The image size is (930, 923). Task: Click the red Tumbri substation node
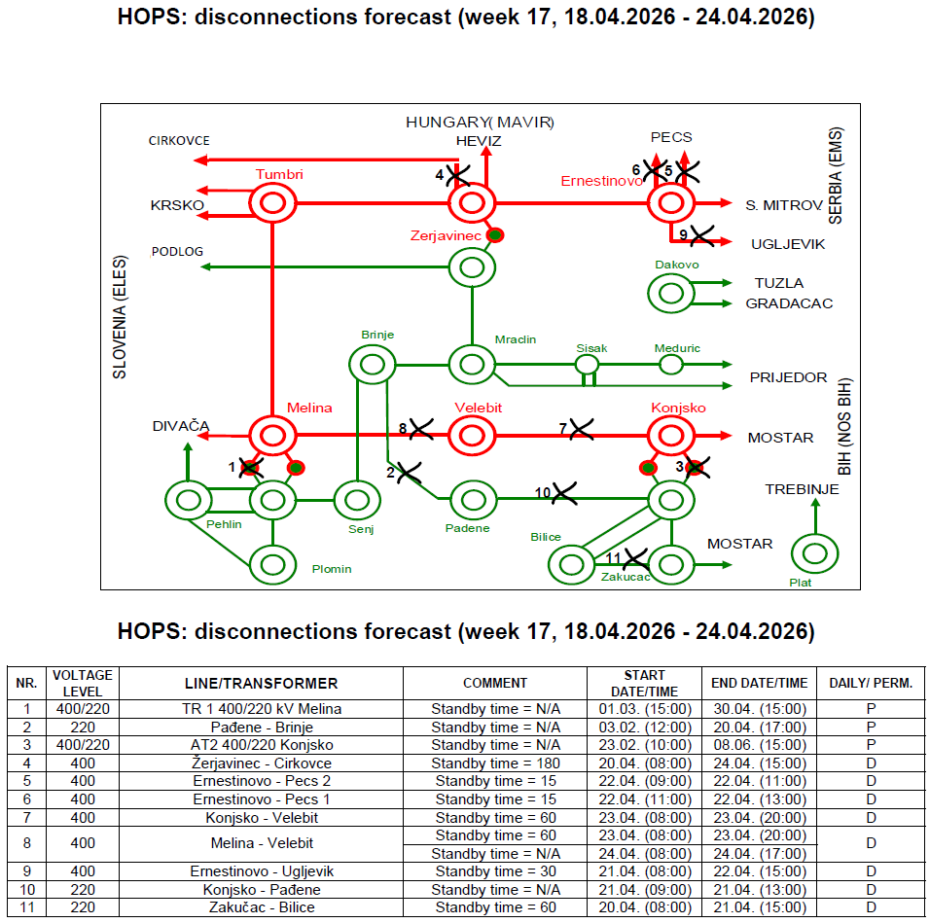click(272, 204)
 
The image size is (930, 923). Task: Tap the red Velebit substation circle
click(473, 436)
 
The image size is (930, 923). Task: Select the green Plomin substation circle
click(273, 564)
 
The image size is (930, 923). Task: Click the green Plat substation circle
click(814, 554)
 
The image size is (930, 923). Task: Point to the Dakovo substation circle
click(670, 293)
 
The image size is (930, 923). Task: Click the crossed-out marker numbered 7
click(581, 428)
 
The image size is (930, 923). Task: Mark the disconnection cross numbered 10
click(562, 493)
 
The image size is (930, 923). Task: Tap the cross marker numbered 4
click(456, 175)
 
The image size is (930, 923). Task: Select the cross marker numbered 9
click(699, 234)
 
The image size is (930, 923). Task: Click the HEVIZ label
click(479, 141)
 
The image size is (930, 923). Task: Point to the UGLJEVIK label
click(787, 244)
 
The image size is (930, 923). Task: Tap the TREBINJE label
click(802, 489)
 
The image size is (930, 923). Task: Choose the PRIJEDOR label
click(788, 377)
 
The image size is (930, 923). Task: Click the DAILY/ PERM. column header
click(871, 683)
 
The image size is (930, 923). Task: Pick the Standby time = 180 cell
click(495, 763)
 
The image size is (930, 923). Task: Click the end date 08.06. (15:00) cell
click(759, 745)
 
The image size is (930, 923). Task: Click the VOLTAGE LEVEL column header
click(83, 683)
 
